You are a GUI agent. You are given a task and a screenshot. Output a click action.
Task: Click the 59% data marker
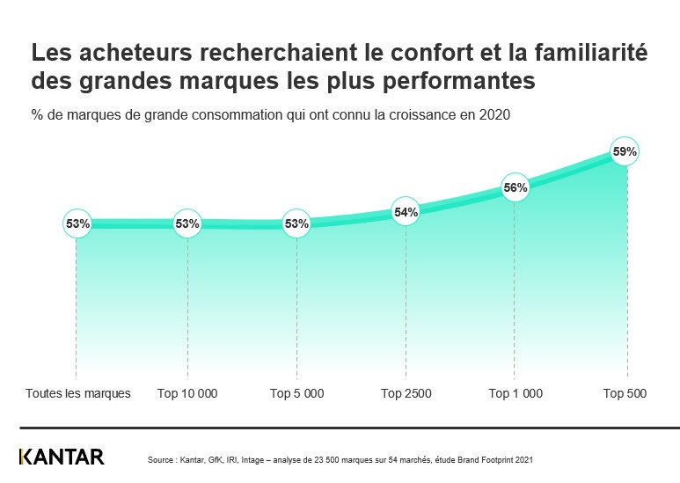tap(625, 152)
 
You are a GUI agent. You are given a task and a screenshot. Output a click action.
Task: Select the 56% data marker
tap(515, 187)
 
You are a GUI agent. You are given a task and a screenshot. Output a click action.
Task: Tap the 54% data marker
tap(406, 212)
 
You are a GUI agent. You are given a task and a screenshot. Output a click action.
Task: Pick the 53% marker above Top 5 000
tap(296, 224)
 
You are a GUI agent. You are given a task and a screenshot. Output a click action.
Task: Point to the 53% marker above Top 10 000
tap(187, 224)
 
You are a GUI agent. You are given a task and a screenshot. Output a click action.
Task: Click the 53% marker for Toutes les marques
tap(77, 224)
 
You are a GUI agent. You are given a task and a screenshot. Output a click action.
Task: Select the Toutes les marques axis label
tap(78, 393)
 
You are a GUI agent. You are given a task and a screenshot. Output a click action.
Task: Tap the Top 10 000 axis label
tap(186, 393)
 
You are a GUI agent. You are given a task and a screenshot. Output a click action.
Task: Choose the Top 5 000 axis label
tap(296, 393)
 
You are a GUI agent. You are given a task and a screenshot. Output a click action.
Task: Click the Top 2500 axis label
tap(406, 393)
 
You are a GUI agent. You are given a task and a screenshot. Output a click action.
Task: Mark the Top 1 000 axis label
tap(515, 393)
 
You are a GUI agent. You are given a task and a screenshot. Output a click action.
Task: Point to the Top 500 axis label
tap(625, 393)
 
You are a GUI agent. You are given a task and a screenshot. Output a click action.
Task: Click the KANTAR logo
tap(62, 457)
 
